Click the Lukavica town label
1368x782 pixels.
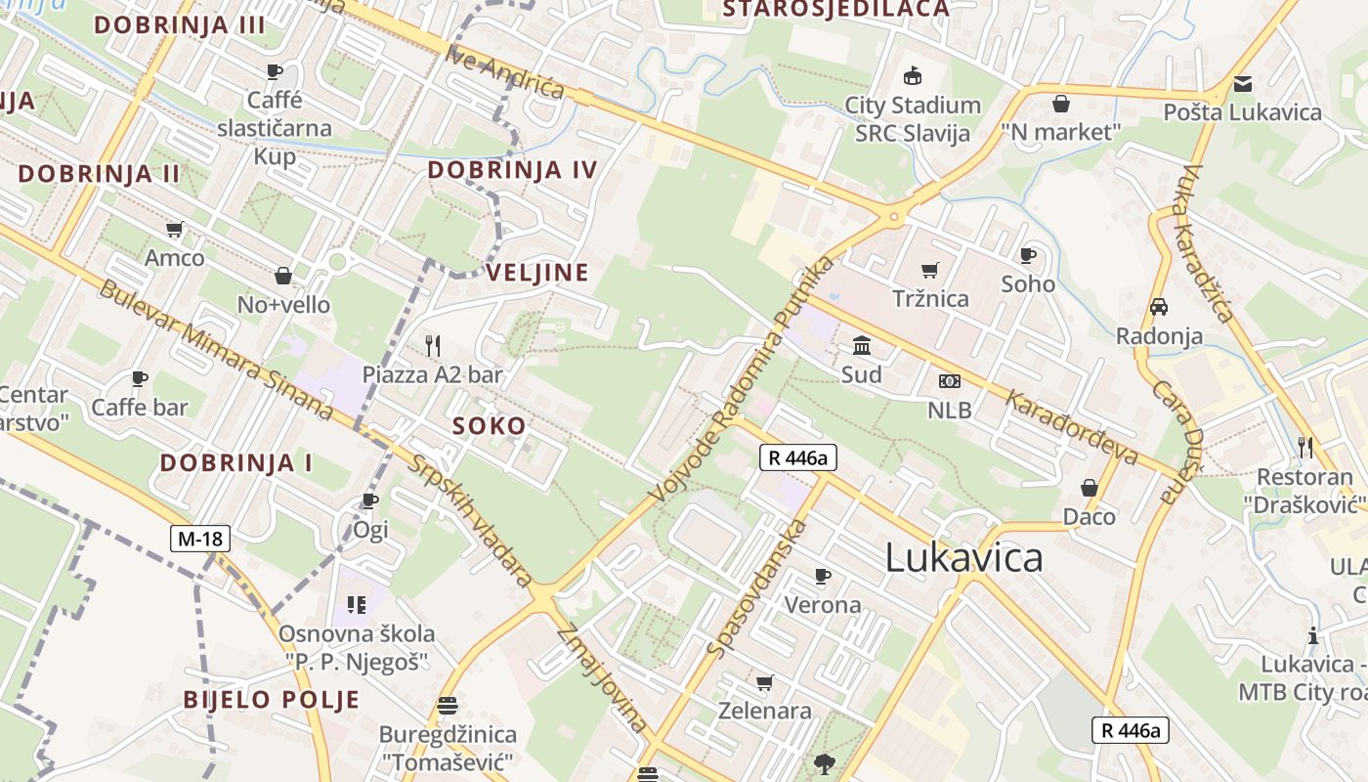(x=963, y=558)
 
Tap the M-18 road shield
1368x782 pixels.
(x=199, y=538)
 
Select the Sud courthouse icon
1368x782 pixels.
(x=862, y=346)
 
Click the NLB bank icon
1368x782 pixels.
(x=949, y=381)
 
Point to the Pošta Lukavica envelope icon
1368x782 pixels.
(x=1242, y=84)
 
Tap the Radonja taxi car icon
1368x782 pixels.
(x=1159, y=307)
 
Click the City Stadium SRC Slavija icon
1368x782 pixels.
(x=913, y=75)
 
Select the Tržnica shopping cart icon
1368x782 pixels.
(x=930, y=270)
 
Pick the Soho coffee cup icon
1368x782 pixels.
(x=1028, y=255)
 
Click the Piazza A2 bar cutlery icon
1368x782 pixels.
(x=433, y=345)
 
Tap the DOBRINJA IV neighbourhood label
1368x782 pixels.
(x=512, y=170)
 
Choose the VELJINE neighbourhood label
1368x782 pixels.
(x=538, y=273)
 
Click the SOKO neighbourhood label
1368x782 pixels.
(x=489, y=426)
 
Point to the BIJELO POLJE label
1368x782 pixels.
(x=272, y=700)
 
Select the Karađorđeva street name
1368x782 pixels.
(x=1073, y=427)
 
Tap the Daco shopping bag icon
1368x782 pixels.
(x=1089, y=488)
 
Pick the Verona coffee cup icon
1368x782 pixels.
(x=823, y=576)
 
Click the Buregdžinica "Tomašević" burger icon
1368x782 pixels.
(x=448, y=706)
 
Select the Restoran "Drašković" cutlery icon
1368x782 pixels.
(x=1305, y=448)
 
